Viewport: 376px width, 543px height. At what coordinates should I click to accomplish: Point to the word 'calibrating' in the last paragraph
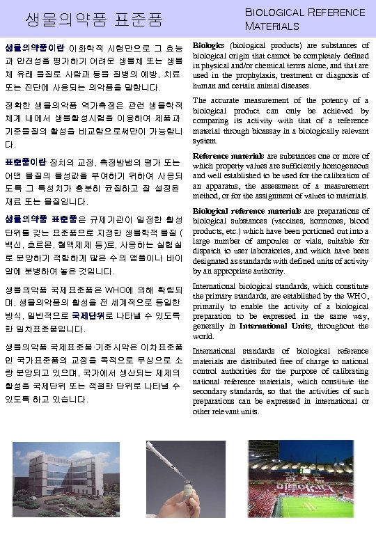(x=346, y=372)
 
